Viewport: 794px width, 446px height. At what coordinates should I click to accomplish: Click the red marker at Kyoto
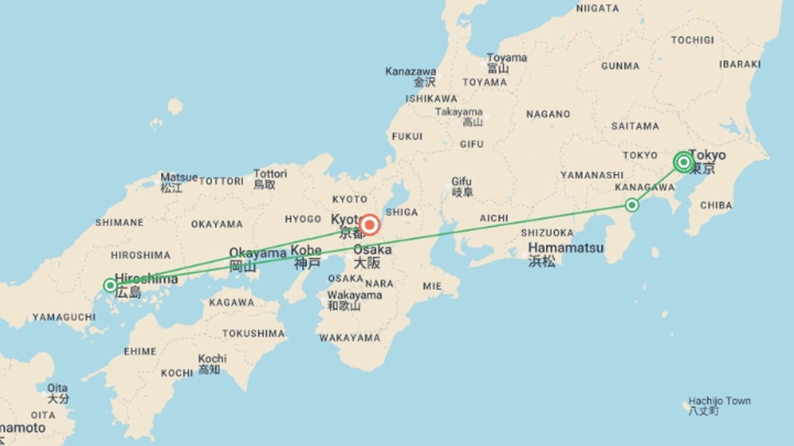(x=369, y=225)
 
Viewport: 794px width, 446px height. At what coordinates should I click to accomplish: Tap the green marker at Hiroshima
(x=110, y=285)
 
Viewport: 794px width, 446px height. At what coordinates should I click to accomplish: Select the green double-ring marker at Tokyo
(x=683, y=162)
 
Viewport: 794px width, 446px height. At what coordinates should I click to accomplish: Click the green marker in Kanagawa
(x=631, y=205)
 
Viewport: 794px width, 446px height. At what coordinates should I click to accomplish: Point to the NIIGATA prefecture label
(x=598, y=8)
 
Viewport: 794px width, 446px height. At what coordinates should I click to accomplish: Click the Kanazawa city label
(x=411, y=71)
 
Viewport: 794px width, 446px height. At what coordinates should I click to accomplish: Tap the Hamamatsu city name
(x=566, y=248)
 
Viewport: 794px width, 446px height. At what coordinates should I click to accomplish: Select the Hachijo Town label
(x=719, y=401)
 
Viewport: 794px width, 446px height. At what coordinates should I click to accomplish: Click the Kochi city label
(x=212, y=358)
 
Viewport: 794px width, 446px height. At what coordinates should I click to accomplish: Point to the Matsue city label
(x=179, y=178)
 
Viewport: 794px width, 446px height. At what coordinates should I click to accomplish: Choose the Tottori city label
(x=270, y=174)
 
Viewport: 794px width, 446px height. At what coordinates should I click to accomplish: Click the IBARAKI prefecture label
(x=740, y=64)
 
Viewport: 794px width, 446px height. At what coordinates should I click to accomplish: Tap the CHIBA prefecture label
(x=716, y=205)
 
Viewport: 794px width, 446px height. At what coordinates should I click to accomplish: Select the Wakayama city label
(x=354, y=295)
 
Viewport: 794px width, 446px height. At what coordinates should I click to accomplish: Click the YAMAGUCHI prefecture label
(x=64, y=317)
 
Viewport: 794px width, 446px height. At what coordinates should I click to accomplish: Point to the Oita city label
(x=57, y=388)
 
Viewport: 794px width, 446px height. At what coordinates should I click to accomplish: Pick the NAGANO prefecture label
(x=548, y=114)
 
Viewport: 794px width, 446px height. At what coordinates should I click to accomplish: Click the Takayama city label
(x=459, y=112)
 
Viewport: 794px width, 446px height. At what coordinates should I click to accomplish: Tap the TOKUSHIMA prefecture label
(x=254, y=333)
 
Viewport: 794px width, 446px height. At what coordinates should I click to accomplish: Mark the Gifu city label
(x=461, y=182)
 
